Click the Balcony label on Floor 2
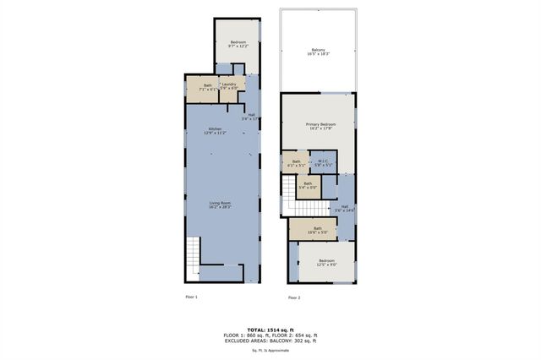point(319,52)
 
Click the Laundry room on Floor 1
point(228,86)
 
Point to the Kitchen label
point(215,131)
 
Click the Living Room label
point(220,205)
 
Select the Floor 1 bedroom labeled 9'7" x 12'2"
point(238,44)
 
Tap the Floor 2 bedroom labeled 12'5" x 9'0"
point(327,262)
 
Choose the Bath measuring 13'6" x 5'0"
point(318,228)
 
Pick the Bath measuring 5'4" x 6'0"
point(308,185)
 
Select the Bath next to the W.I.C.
point(296,163)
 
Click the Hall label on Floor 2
point(344,207)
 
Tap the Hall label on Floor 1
point(251,117)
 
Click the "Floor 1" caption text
point(191,297)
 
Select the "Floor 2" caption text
point(293,297)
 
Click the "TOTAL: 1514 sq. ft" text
point(270,329)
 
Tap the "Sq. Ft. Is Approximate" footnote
point(270,349)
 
